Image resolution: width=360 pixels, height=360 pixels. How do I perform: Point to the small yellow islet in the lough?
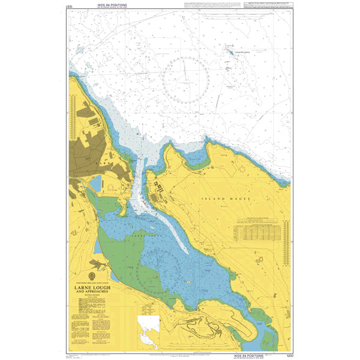pos(188,280)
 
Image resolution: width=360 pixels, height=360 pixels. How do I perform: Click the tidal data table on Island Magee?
pos(259,231)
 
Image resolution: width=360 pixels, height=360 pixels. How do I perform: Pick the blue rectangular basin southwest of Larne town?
pos(95,184)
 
